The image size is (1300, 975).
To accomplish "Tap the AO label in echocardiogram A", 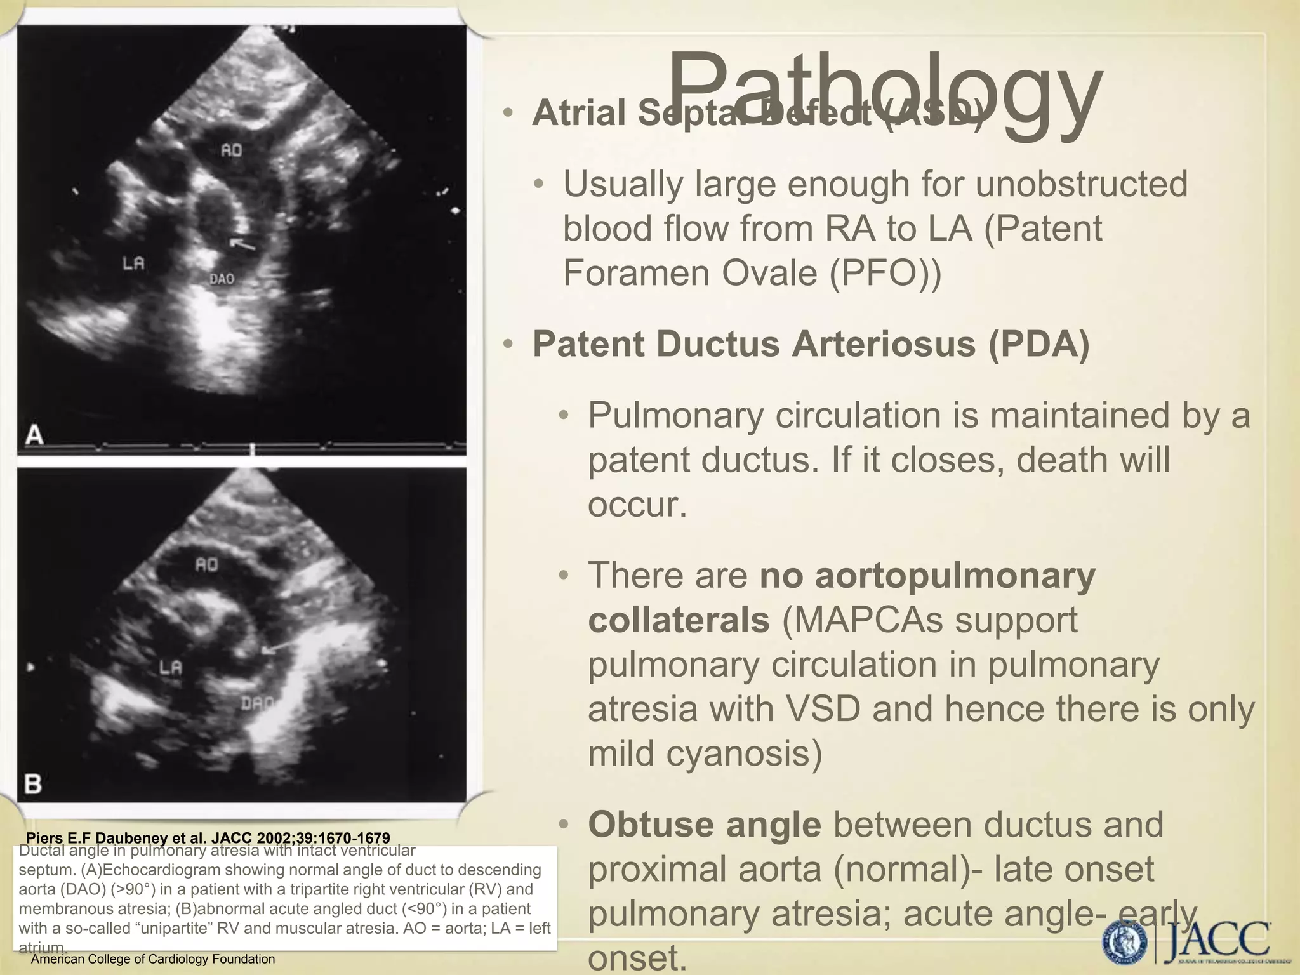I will (x=231, y=151).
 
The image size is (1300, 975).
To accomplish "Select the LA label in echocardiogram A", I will (x=133, y=263).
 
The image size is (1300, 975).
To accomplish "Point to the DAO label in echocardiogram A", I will (x=222, y=279).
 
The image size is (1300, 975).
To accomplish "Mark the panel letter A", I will (x=34, y=435).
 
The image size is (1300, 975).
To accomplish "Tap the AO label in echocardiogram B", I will (x=206, y=564).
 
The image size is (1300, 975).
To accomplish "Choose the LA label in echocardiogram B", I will (x=170, y=667).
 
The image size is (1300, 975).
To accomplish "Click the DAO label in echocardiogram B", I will (x=257, y=703).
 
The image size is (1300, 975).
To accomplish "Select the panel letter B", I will (x=33, y=785).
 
